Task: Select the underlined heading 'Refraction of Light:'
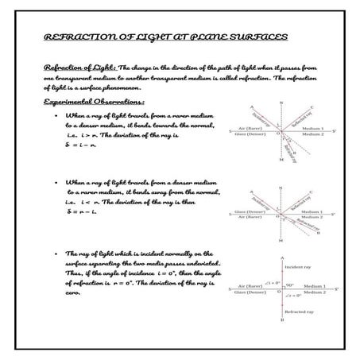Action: pos(79,69)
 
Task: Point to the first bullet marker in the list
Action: pos(50,115)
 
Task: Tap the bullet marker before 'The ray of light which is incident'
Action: pos(50,253)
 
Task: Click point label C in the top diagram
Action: pos(312,107)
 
